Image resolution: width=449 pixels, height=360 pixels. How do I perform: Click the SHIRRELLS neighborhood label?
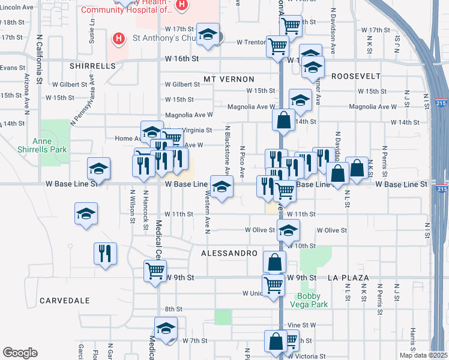click(x=92, y=66)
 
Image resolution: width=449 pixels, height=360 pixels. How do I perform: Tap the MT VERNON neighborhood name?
click(x=229, y=79)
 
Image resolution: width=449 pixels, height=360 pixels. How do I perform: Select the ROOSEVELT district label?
click(x=356, y=76)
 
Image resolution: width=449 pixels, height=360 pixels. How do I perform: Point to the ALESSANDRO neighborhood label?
click(x=229, y=254)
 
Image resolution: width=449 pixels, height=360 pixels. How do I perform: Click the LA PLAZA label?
click(x=348, y=278)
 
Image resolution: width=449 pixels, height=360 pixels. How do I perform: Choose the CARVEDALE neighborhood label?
click(x=64, y=300)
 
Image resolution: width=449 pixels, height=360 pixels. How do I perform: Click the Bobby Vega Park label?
click(x=312, y=300)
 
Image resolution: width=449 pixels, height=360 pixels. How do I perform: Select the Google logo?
click(x=20, y=353)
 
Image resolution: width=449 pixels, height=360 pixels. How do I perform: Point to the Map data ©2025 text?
click(x=424, y=355)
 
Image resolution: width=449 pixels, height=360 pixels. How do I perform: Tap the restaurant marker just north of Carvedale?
click(x=105, y=253)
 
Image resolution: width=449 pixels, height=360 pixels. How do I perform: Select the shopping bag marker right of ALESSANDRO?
click(x=274, y=262)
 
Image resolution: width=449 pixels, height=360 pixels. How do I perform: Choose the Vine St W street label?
click(x=301, y=325)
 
